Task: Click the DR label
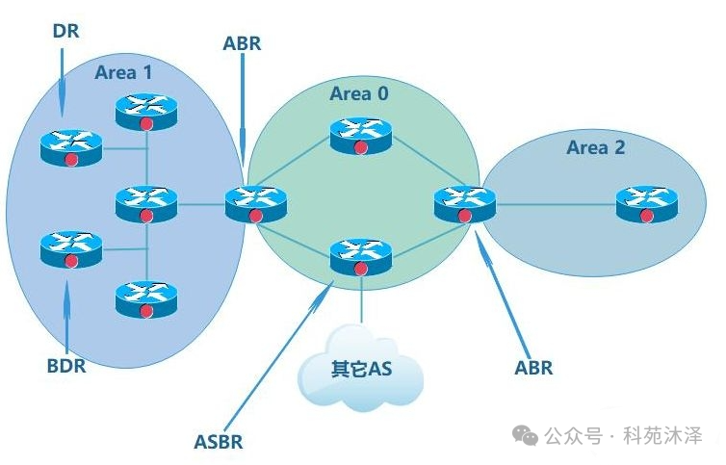pos(65,31)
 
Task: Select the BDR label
pos(66,366)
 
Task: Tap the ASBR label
pos(219,442)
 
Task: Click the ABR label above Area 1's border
pos(242,43)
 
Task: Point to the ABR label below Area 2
pos(533,368)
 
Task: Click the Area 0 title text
pos(360,93)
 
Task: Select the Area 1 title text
pos(123,71)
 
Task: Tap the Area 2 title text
pos(595,147)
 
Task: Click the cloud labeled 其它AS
pos(361,368)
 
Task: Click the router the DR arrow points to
pos(71,146)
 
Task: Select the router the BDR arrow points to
pos(71,249)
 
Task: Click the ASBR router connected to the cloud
pos(361,256)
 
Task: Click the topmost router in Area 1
pos(146,111)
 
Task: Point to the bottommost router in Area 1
pos(146,299)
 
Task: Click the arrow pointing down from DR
pos(62,77)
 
